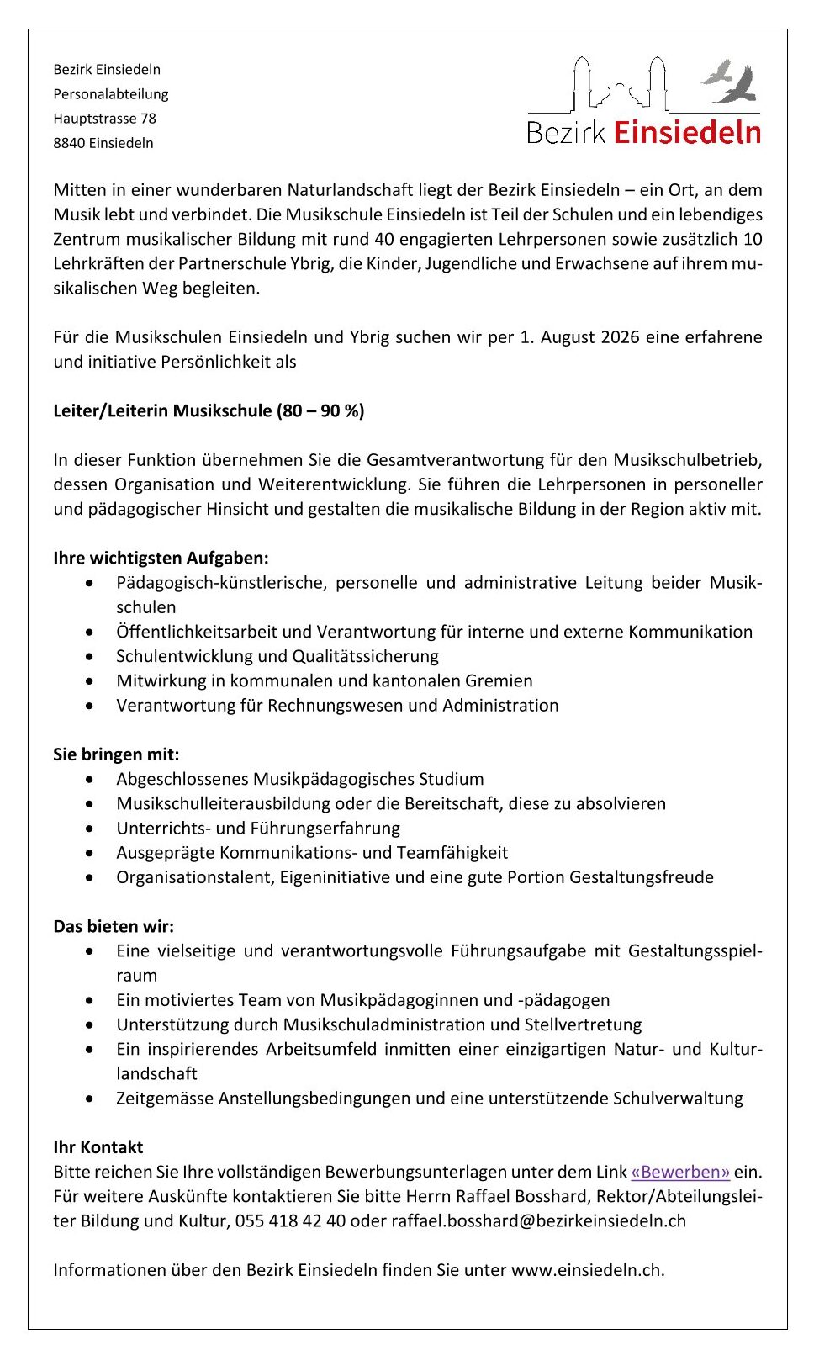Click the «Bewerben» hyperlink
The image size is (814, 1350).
coord(680,1172)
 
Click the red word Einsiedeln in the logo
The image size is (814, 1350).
coord(687,133)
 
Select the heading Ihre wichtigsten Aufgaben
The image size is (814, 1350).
coord(161,558)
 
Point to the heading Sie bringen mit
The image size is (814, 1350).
coord(116,754)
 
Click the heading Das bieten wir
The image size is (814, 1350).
coord(114,927)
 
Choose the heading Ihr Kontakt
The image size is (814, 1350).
coord(98,1147)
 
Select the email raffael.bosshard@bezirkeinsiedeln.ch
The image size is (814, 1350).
coord(538,1220)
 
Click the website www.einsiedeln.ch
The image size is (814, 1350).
coord(586,1270)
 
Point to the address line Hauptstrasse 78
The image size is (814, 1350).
coord(104,119)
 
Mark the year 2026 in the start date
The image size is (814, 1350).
coord(620,337)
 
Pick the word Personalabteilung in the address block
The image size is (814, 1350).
coord(111,94)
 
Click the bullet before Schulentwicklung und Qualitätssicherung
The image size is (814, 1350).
coord(90,657)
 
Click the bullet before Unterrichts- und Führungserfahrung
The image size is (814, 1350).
coord(90,829)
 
